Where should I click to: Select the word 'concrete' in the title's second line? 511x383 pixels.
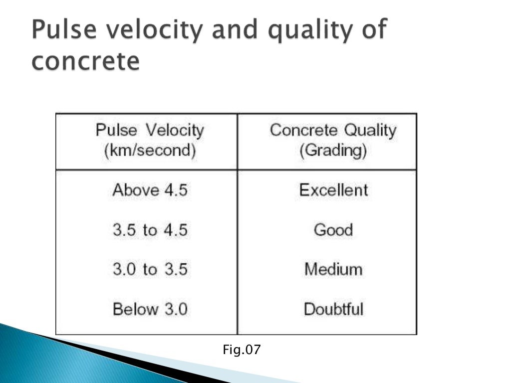[x=85, y=62]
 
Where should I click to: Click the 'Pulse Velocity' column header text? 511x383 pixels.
[x=150, y=131]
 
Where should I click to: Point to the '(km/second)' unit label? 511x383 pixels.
[x=150, y=150]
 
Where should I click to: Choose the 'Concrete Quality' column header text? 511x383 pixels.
[x=333, y=131]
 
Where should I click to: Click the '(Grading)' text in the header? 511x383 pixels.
[x=333, y=151]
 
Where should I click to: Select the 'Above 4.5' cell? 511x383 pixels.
[x=150, y=190]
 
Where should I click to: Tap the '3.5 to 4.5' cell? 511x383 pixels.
[x=150, y=230]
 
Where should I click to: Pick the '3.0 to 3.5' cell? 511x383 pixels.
[x=150, y=270]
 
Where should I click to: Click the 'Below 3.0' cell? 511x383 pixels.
[x=150, y=309]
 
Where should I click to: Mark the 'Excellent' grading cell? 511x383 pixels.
[x=333, y=190]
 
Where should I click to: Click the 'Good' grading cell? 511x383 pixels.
[x=333, y=230]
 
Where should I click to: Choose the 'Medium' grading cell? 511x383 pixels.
[x=333, y=270]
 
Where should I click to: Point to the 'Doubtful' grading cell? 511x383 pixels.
[x=333, y=309]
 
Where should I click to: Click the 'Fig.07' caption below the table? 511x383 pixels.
[x=242, y=350]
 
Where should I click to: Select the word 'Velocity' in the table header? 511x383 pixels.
[x=175, y=131]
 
